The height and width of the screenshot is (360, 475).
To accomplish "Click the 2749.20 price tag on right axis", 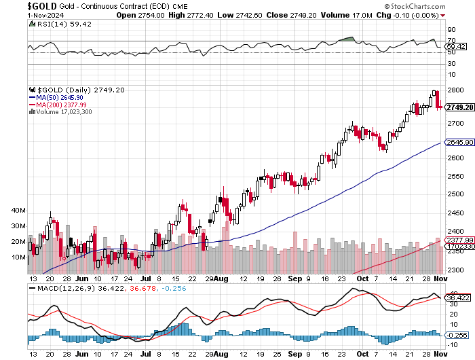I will point(459,107).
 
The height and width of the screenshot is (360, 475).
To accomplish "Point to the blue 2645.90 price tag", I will point(459,142).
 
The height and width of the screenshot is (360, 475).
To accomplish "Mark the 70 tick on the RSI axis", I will point(451,40).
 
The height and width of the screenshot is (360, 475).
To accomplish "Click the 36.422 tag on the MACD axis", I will point(458,297).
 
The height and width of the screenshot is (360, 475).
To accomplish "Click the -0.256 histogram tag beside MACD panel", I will point(458,335).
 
